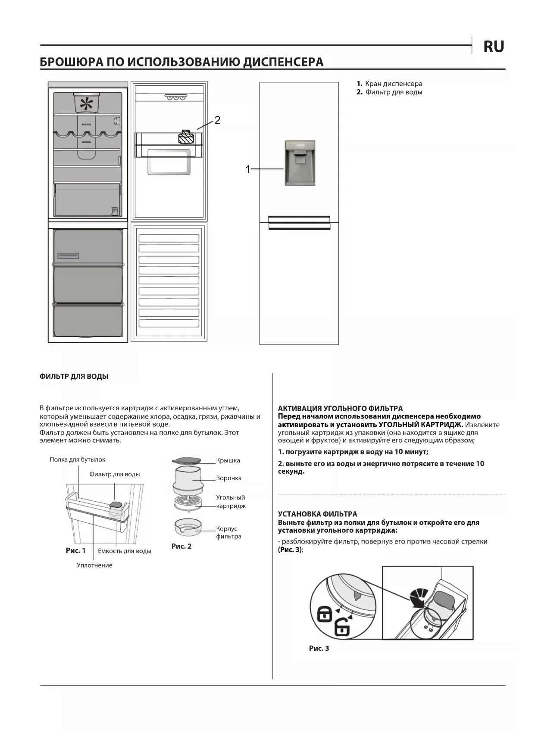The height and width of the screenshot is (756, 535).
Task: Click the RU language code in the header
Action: (494, 47)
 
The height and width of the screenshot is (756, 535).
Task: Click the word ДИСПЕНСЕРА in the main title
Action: (283, 62)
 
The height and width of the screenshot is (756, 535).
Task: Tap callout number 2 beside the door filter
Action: (217, 120)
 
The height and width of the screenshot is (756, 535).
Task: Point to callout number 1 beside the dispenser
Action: (248, 169)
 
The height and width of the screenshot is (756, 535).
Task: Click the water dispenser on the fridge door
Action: (300, 163)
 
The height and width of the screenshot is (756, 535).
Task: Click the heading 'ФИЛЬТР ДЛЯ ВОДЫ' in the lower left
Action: (74, 376)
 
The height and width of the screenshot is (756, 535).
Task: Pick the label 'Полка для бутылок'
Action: (78, 459)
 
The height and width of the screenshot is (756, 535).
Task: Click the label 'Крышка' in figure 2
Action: (228, 460)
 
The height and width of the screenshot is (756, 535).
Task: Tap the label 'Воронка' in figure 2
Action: (228, 478)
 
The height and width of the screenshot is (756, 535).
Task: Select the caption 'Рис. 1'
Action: (75, 550)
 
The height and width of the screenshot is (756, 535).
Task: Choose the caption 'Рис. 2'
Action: (181, 546)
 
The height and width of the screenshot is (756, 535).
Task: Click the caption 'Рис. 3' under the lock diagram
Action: (319, 648)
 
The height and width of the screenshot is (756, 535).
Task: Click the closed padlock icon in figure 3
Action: (325, 614)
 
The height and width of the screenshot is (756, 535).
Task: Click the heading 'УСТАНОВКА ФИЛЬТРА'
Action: (317, 514)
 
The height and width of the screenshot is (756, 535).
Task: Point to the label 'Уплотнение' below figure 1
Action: (94, 565)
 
